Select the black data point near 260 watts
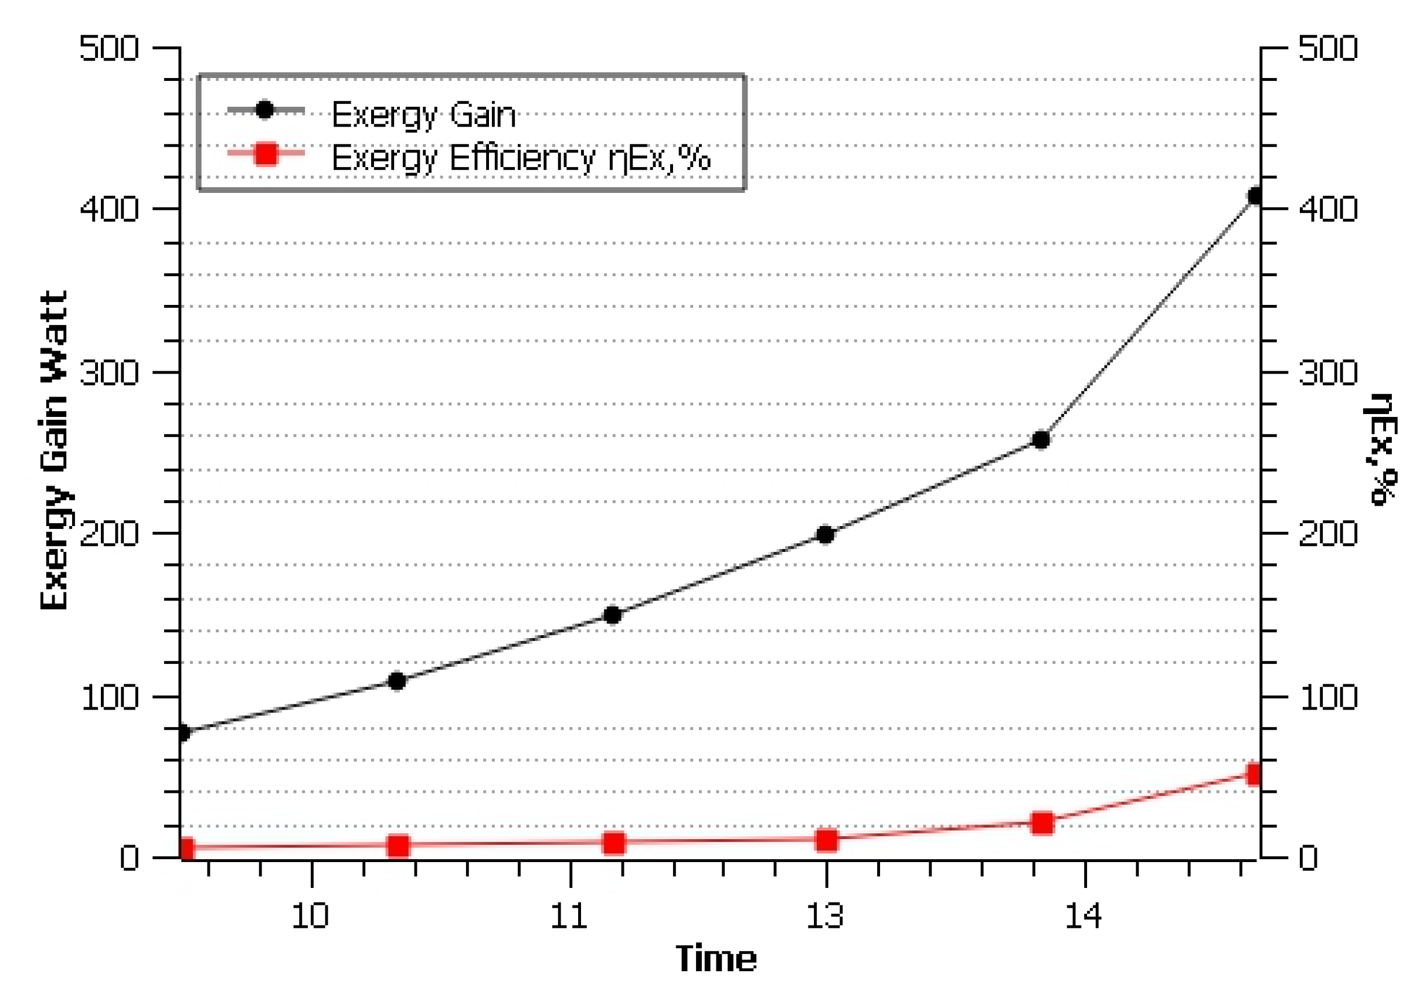coord(1041,440)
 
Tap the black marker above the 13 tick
coord(825,534)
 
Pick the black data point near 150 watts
coord(612,615)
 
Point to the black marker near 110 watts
coord(397,681)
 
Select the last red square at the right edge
coord(1254,775)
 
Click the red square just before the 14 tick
coord(1042,823)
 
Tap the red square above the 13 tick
coord(827,840)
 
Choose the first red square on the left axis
coord(186,849)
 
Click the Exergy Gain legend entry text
coord(423,115)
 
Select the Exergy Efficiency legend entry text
coord(521,157)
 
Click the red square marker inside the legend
coord(267,154)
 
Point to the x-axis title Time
coord(716,959)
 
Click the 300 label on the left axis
coord(109,373)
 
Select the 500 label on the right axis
coord(1327,48)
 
